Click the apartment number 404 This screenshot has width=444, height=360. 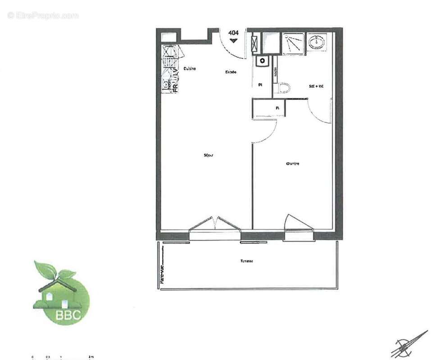pyautogui.click(x=233, y=32)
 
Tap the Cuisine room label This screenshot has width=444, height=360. pyautogui.click(x=189, y=68)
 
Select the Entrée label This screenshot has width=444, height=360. pyautogui.click(x=231, y=72)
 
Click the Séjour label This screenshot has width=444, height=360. pyautogui.click(x=208, y=155)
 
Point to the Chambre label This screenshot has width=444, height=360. pyautogui.click(x=292, y=164)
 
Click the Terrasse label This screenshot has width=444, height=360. pyautogui.click(x=246, y=261)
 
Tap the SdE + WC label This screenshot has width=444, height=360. pyautogui.click(x=316, y=86)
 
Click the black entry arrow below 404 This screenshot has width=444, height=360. pyautogui.click(x=233, y=40)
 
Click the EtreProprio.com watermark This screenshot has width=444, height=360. pyautogui.click(x=43, y=15)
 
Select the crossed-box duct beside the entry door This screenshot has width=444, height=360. pyautogui.click(x=255, y=44)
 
